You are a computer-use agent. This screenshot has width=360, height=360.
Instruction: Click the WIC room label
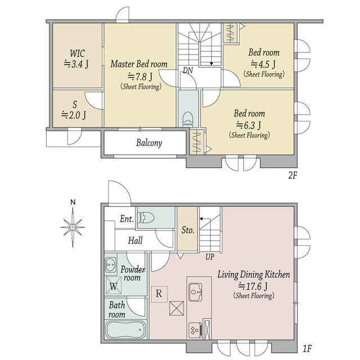tap(77, 53)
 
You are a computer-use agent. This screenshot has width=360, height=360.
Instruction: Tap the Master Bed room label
tap(139, 64)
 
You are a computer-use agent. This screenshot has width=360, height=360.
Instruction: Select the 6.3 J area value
tap(249, 125)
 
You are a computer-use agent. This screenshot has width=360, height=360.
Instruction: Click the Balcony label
tap(149, 143)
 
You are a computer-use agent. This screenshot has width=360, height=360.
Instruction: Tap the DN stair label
tap(188, 70)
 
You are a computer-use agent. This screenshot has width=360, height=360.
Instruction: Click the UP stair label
tap(210, 257)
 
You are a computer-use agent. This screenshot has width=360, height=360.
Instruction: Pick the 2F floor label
tap(292, 175)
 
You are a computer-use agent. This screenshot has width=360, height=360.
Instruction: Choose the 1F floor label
tap(307, 349)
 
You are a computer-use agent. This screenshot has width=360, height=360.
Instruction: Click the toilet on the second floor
tap(187, 119)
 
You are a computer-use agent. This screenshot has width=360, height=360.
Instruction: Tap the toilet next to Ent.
tap(146, 217)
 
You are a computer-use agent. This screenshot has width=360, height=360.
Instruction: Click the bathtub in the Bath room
tap(126, 330)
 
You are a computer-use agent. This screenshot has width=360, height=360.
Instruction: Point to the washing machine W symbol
tap(114, 285)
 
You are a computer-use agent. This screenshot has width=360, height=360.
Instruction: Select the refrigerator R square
tap(159, 294)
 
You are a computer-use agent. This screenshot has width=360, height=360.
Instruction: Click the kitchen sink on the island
tap(195, 292)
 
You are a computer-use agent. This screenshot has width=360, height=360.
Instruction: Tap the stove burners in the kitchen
tap(195, 330)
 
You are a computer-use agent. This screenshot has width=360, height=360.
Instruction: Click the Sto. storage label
tap(188, 230)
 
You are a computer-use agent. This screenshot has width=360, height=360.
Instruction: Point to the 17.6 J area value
tap(253, 286)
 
